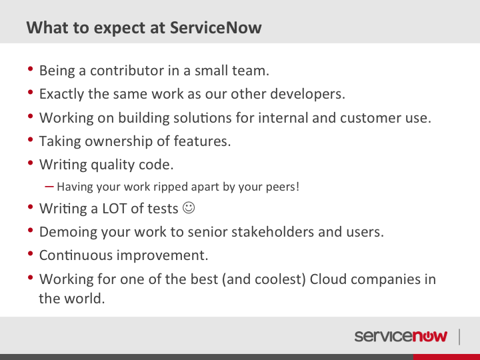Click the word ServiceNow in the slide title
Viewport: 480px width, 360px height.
click(x=216, y=27)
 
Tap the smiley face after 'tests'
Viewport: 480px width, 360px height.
click(x=189, y=208)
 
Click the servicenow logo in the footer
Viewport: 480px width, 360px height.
click(x=401, y=336)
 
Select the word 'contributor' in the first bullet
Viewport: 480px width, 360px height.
click(x=127, y=71)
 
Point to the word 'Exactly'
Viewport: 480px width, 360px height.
click(x=61, y=94)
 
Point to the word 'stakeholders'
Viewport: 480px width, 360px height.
click(x=273, y=232)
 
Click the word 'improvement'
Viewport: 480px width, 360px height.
click(x=161, y=255)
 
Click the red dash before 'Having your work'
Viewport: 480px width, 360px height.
click(x=49, y=186)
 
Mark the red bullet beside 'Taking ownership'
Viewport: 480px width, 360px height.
click(x=30, y=139)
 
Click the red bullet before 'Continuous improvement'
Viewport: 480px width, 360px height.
click(x=30, y=253)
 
